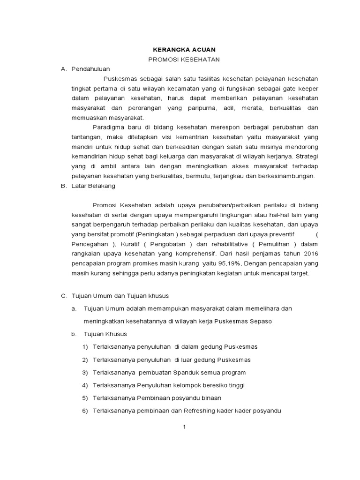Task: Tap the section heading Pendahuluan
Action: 90,69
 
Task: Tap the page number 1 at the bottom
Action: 185,427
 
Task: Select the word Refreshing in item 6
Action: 214,411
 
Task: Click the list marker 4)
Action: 85,385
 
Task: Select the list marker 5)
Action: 85,398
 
